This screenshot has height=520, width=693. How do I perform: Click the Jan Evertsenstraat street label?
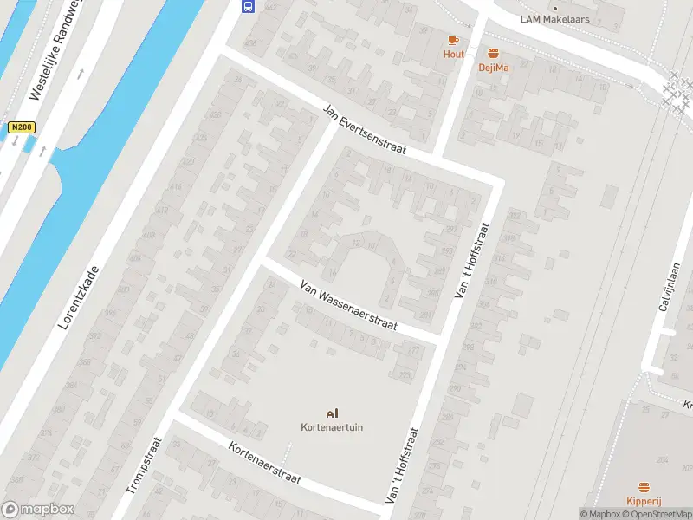coord(364,130)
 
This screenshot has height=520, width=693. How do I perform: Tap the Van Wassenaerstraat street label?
coord(348,305)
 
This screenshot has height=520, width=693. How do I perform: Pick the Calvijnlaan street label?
coord(666,287)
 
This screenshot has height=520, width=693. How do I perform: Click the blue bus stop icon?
coord(249,6)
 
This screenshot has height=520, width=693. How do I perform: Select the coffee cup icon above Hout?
coord(453,40)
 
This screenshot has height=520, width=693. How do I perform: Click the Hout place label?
coord(453,54)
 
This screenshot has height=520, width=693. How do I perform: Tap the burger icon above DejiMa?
coord(493,53)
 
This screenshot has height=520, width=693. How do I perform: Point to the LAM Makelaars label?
coord(554,19)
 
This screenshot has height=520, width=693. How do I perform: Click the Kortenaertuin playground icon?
coord(330,413)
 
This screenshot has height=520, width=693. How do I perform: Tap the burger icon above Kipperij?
coord(644,487)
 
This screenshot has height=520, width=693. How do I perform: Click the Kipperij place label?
coord(644,501)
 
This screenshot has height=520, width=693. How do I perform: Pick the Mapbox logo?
coord(37,510)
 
